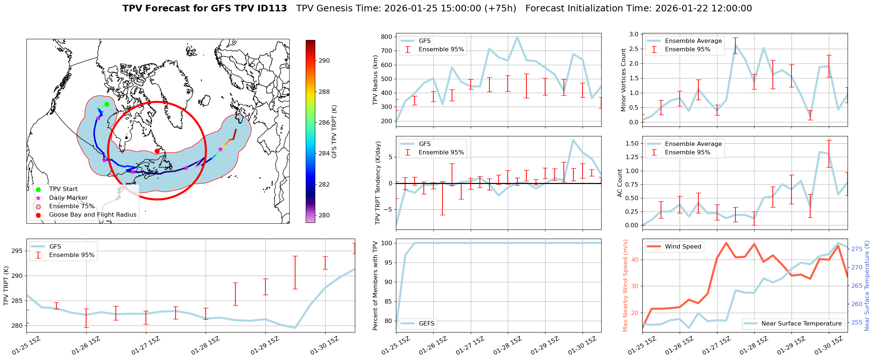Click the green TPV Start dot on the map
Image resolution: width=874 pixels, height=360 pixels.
[107, 104]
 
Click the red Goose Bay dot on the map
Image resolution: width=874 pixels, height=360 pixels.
[157, 151]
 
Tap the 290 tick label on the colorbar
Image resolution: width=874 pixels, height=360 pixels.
[324, 61]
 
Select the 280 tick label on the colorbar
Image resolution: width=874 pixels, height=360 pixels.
[324, 216]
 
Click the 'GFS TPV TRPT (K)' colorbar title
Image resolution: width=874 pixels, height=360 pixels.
[334, 132]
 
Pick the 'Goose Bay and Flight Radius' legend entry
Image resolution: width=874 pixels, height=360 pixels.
[92, 215]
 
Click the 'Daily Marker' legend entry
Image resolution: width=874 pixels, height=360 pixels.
[68, 198]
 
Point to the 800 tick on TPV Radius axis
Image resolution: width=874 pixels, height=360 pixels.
[386, 37]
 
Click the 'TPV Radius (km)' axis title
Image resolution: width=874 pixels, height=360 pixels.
[375, 80]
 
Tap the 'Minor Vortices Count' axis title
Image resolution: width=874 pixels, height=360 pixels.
[624, 80]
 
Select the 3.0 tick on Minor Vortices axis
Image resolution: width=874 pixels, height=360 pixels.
[634, 34]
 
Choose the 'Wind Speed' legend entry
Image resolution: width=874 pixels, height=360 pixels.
[683, 247]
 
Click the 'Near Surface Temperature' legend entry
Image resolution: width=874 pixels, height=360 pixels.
[801, 324]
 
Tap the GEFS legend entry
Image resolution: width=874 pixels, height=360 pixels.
[426, 324]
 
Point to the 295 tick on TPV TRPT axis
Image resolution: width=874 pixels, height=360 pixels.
[17, 251]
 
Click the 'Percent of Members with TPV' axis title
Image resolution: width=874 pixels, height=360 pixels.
[375, 286]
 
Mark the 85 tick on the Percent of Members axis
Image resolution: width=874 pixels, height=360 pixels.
[388, 302]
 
